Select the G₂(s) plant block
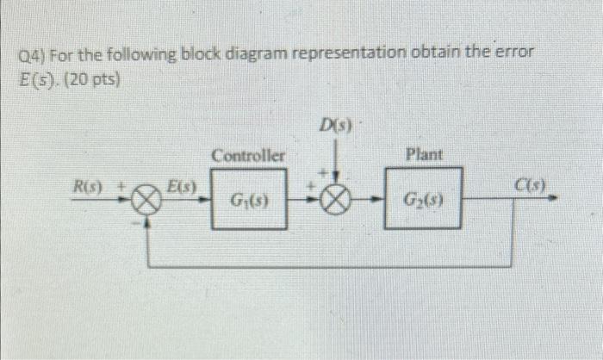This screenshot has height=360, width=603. (424, 204)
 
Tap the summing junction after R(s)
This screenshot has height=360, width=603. (150, 205)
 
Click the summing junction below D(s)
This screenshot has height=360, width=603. (337, 205)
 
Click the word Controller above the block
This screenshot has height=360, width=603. (248, 156)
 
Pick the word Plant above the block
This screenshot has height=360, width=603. (424, 155)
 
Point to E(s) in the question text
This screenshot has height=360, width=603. (37, 82)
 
